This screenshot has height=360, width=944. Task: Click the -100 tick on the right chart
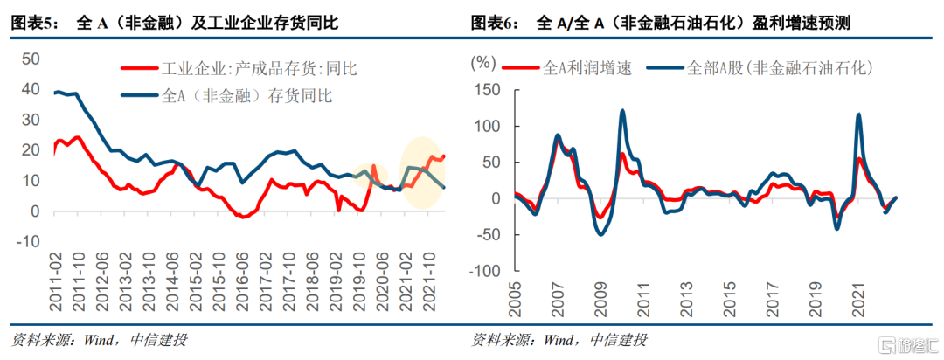[x=486, y=271]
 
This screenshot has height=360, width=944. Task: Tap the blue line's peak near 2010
[x=622, y=110]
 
